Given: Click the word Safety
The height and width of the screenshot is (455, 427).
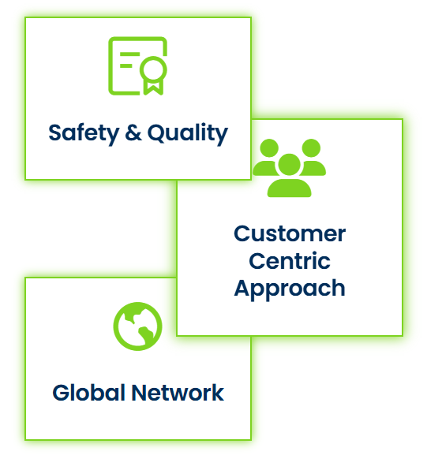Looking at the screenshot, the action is coord(84,134).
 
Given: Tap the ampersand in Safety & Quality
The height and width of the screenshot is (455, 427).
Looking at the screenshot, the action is coord(133,132).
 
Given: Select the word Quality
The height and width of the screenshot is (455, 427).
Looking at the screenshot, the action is coord(188,134).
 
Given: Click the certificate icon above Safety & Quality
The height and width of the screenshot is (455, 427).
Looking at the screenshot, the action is coord(137,66).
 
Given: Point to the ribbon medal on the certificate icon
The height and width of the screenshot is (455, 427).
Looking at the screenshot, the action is coord(153,76).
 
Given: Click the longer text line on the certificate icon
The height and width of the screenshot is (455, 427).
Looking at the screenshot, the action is coord(130,54).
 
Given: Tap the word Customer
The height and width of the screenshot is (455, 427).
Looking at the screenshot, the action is coord(290,233).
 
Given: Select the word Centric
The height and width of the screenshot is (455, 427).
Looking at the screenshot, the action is coord(290,261).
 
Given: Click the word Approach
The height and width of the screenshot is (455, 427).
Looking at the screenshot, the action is coord(290,289).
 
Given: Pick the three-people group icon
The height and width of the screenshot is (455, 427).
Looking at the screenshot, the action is coord(290,168).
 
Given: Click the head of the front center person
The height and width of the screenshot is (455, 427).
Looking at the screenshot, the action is coord(290,165).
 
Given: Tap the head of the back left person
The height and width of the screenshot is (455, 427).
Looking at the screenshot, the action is coord(269,148).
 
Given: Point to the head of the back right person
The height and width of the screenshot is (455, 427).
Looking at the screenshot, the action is coord(311,148).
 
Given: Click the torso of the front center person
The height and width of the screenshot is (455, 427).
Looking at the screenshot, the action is coord(290,188).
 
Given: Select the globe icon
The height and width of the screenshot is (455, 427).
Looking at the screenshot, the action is coord(137,326).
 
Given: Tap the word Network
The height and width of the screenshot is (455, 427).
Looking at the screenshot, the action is coord(178,393).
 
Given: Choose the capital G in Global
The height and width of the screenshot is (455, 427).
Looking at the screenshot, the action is coord(62,393).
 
